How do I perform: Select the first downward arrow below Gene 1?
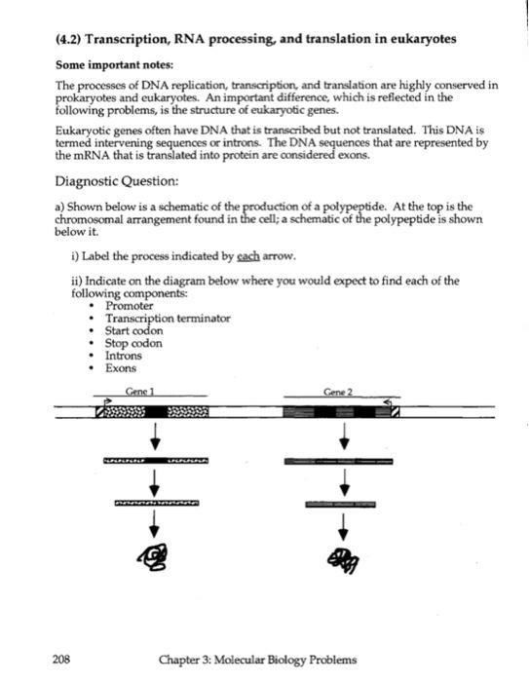click(x=153, y=435)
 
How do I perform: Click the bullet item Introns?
click(x=124, y=357)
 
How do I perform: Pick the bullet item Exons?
click(x=121, y=369)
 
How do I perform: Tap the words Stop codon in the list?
click(x=133, y=344)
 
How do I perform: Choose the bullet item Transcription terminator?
click(x=168, y=319)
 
